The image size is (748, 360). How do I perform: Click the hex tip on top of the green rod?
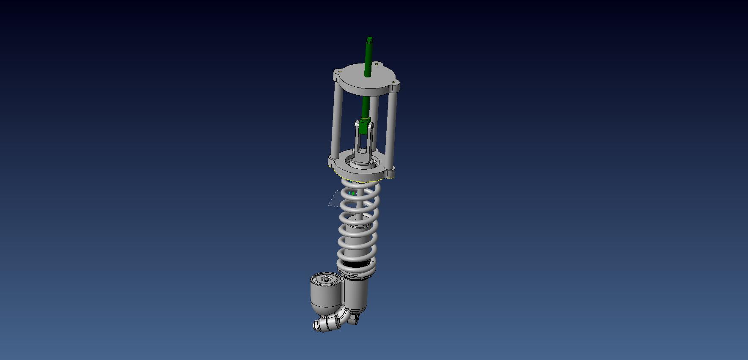coord(370,40)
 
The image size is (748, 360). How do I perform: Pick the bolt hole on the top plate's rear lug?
coord(376,64)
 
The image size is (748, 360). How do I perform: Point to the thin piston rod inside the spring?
coord(359,212)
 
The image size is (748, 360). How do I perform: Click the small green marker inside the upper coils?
coord(352,193)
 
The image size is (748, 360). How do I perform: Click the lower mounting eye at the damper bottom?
coord(356,319)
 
